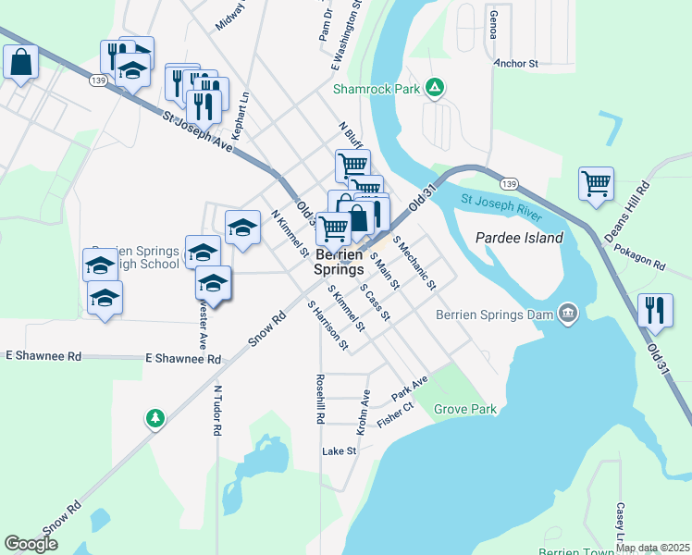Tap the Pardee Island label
pyautogui.click(x=519, y=238)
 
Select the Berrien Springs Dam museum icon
pyautogui.click(x=568, y=314)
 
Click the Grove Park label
pyautogui.click(x=465, y=409)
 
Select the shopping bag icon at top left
pyautogui.click(x=20, y=63)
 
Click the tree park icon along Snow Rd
pyautogui.click(x=155, y=419)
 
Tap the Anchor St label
pyautogui.click(x=515, y=64)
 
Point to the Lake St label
pyautogui.click(x=339, y=451)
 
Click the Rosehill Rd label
pyautogui.click(x=320, y=399)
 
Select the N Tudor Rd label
pyautogui.click(x=218, y=412)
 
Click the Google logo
pyautogui.click(x=31, y=545)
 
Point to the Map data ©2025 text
pyautogui.click(x=653, y=548)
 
